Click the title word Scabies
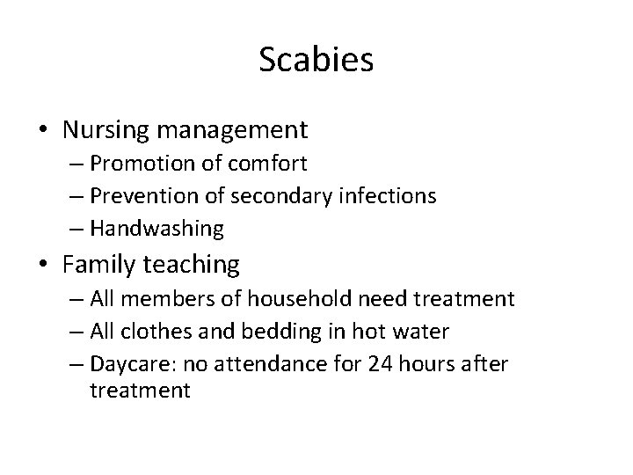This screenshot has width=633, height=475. pyautogui.click(x=316, y=61)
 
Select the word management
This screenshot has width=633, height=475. pyautogui.click(x=236, y=131)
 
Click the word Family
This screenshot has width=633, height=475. pyautogui.click(x=99, y=264)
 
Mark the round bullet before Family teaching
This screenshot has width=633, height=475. pyautogui.click(x=44, y=265)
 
